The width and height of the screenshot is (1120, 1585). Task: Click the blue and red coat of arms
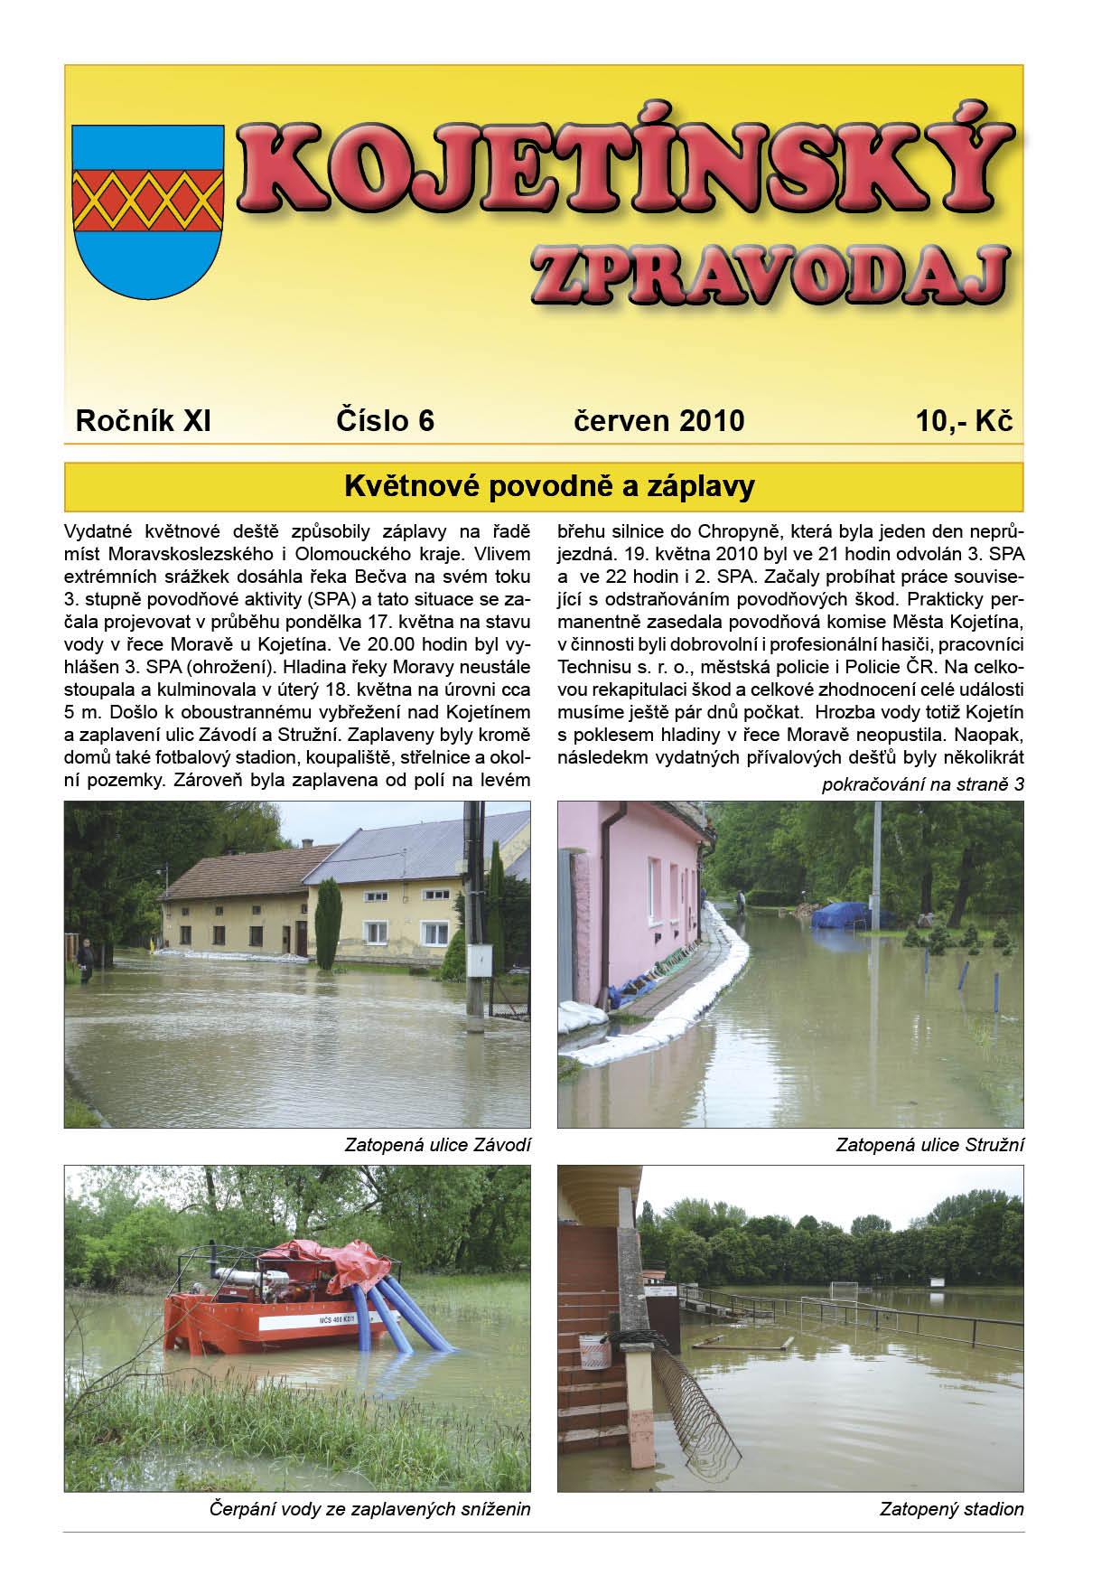[147, 211]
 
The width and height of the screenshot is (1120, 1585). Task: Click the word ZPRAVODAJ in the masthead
[770, 275]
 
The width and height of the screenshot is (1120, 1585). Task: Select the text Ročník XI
[143, 421]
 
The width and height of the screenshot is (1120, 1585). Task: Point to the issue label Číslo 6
[385, 421]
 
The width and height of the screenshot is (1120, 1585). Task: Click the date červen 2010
[658, 421]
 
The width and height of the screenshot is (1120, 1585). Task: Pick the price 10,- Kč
[964, 421]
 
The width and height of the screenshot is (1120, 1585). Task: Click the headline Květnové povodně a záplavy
[549, 487]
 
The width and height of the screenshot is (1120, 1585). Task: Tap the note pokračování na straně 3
[922, 784]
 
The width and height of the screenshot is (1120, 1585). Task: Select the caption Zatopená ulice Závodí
[437, 1145]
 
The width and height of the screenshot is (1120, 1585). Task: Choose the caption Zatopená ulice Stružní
[929, 1145]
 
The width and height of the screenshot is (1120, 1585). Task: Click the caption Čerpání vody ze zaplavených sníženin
[369, 1509]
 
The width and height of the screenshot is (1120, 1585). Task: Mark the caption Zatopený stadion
[951, 1509]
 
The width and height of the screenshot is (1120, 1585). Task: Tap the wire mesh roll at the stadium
[695, 1410]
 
